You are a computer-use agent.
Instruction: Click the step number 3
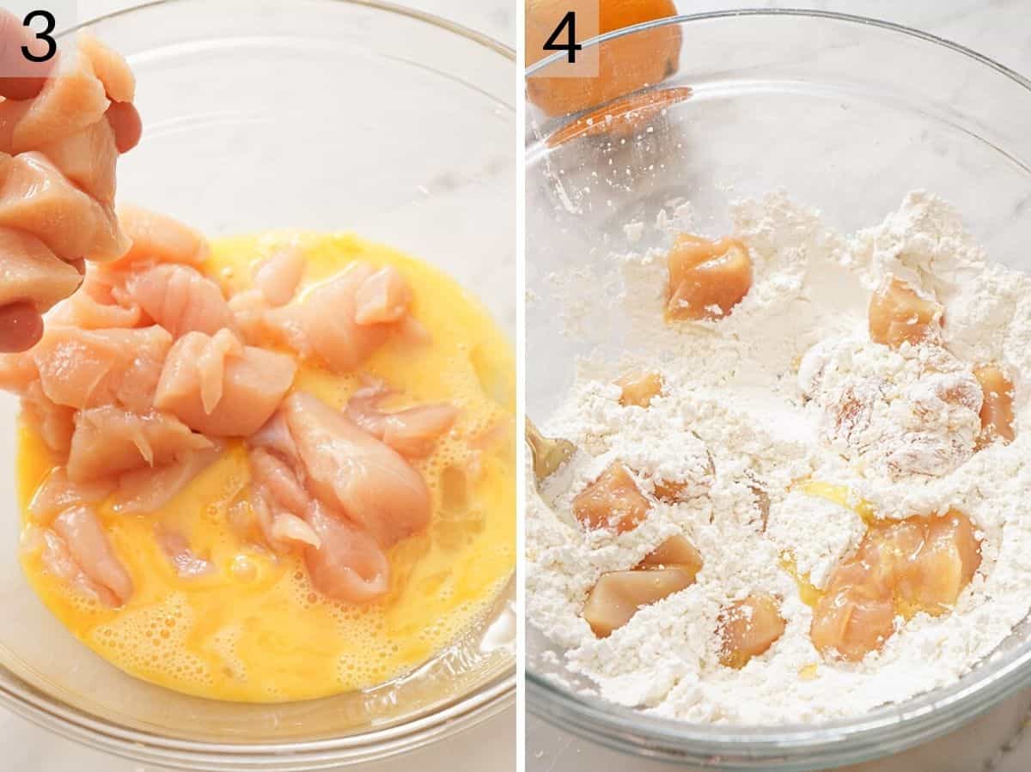[x=39, y=36]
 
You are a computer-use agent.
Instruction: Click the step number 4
[x=563, y=36]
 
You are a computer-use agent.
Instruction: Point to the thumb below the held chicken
[x=19, y=325]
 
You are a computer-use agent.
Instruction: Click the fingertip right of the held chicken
[x=125, y=125]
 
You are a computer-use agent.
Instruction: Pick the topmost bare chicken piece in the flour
[x=707, y=277]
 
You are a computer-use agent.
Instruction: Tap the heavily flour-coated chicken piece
[x=898, y=412]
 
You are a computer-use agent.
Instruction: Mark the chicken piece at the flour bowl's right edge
[x=995, y=402]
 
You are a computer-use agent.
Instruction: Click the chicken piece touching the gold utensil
[x=612, y=498]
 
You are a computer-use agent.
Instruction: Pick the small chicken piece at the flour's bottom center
[x=749, y=629]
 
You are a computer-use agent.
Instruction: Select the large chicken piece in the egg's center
[x=357, y=468]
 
